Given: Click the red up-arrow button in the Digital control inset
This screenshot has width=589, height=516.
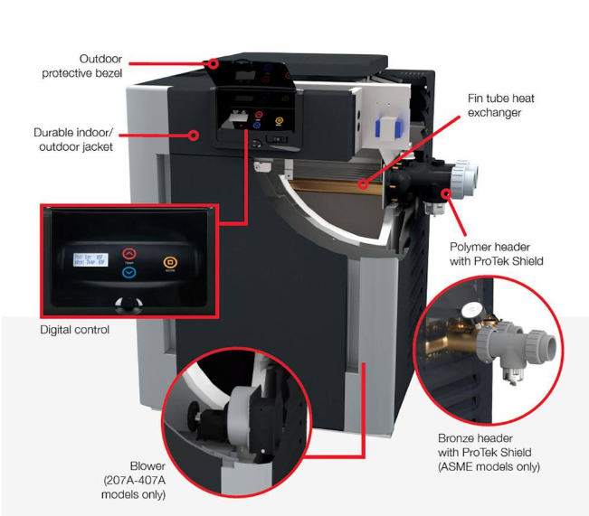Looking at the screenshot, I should (x=128, y=255).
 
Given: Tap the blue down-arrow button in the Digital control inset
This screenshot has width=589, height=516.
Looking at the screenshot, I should (x=128, y=272).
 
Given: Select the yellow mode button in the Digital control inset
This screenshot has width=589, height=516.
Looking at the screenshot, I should (x=169, y=264).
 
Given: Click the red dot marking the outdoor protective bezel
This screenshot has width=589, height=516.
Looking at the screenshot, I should (x=214, y=63).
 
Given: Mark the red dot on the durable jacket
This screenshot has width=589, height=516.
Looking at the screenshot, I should (x=195, y=136).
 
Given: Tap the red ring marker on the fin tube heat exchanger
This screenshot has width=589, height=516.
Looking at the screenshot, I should (x=362, y=185).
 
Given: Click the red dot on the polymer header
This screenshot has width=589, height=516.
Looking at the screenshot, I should (x=445, y=192).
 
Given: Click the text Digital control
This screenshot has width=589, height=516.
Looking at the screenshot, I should (x=75, y=331).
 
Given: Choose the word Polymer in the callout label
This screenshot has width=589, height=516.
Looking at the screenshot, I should (x=470, y=247).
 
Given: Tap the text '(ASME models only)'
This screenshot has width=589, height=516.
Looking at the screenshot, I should (x=489, y=467).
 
